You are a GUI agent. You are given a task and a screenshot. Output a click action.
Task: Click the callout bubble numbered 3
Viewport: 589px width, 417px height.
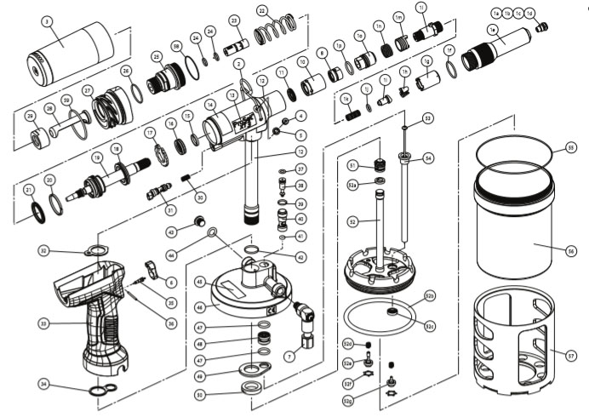coord(47,21)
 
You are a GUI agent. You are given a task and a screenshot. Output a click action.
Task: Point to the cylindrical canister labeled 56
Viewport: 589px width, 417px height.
coord(514,230)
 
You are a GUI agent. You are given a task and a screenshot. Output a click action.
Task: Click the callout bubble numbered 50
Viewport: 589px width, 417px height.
coord(199,394)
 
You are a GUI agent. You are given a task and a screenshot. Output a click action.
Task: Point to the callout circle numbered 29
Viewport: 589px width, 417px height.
coord(30,116)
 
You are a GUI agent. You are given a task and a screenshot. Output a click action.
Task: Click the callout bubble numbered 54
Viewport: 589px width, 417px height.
coord(428,157)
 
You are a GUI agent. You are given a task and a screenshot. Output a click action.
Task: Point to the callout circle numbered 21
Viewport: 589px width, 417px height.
coord(29,189)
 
